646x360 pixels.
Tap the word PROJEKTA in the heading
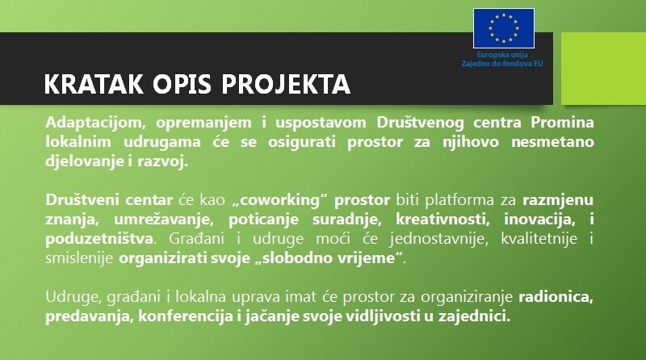[x=286, y=84]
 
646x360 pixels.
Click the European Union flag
[x=503, y=28]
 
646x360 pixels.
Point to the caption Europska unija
[x=502, y=55]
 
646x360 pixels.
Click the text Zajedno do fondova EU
[x=501, y=64]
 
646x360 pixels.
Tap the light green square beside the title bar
[x=603, y=69]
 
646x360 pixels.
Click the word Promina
[x=562, y=123]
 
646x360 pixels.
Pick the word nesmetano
[x=552, y=142]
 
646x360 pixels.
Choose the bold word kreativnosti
[x=443, y=220]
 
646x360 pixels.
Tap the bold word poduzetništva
[x=99, y=239]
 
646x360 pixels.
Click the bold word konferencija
[x=186, y=316]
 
